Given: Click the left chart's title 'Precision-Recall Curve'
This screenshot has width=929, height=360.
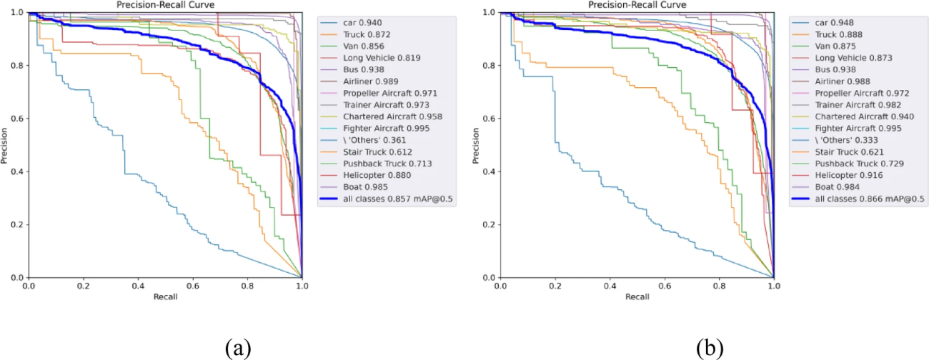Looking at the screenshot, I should pos(165,5).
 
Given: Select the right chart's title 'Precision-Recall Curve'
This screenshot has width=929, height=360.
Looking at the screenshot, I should pos(637,5).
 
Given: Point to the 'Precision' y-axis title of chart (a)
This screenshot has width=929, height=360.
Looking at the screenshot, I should pos(6,145).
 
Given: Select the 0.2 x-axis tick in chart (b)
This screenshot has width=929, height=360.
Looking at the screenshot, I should pos(555,286).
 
